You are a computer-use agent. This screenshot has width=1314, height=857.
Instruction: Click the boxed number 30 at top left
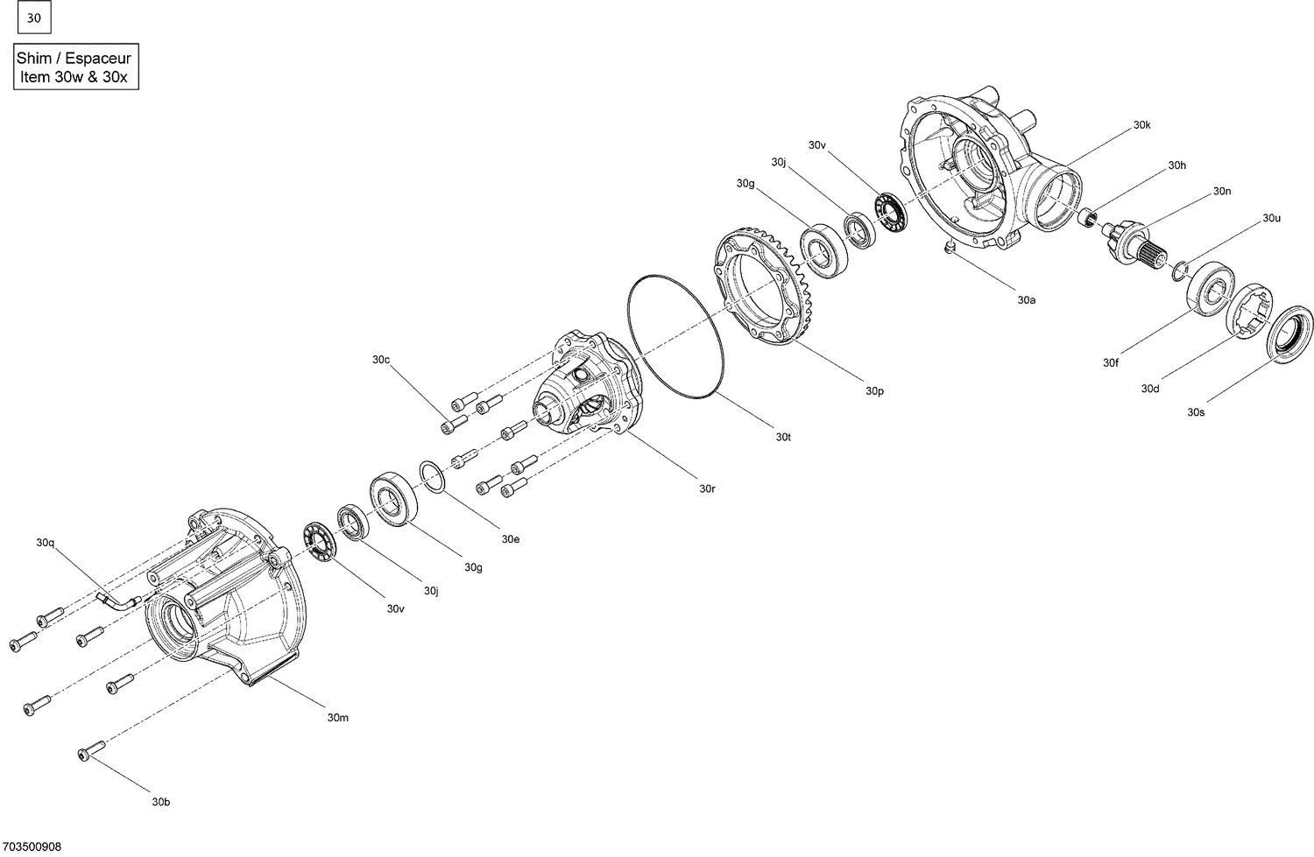[34, 18]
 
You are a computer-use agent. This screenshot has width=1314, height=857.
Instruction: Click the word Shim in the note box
[34, 58]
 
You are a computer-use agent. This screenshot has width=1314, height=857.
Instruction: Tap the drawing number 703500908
[32, 846]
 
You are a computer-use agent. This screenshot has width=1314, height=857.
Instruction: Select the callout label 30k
[1141, 125]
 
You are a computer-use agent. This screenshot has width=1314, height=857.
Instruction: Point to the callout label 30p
[874, 390]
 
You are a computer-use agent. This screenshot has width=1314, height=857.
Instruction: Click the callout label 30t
[782, 436]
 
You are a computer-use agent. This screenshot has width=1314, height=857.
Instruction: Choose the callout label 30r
[707, 488]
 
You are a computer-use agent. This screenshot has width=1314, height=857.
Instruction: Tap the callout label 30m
[338, 718]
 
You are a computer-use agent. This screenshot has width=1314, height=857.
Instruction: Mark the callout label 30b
[160, 802]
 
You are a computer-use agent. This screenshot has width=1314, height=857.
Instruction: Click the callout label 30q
[46, 543]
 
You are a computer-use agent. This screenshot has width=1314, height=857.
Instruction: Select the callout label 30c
[381, 360]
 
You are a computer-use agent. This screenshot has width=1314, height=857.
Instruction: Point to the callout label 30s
[1196, 411]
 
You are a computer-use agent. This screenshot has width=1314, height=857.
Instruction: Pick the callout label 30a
[1027, 299]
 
